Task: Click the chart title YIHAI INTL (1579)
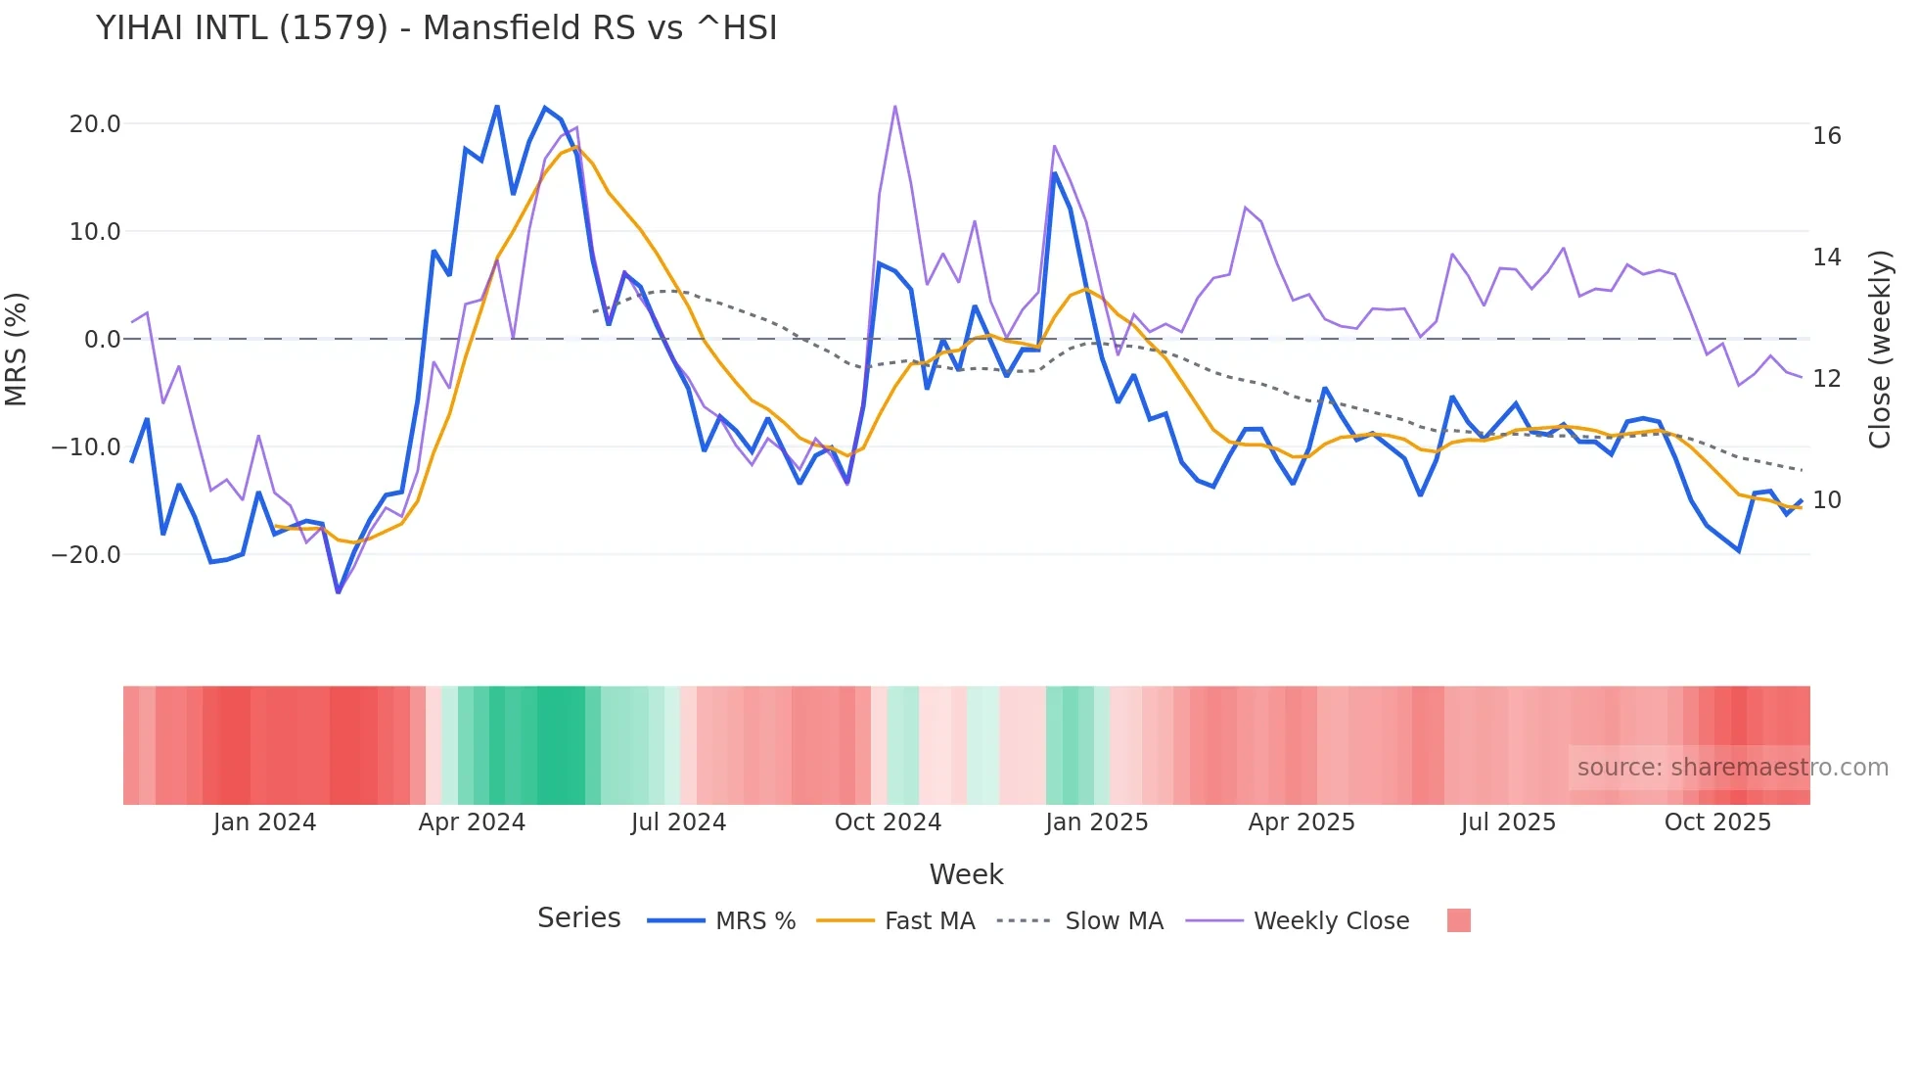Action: [436, 28]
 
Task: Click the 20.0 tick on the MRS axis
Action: [95, 124]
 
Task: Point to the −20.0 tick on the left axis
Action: [86, 555]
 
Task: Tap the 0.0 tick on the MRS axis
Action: [102, 340]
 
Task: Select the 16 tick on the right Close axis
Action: [1826, 136]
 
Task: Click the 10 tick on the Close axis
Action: [1826, 500]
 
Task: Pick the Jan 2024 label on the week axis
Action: [264, 822]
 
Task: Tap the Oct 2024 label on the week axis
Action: [888, 822]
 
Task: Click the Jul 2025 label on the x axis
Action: [1508, 822]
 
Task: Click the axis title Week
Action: [966, 874]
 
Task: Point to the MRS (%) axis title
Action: [17, 350]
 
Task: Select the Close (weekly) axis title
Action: [1879, 350]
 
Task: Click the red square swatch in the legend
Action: [1458, 920]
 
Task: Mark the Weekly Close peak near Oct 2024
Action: [895, 106]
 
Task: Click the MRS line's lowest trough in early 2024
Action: [339, 592]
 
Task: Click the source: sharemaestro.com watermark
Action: [1732, 768]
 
